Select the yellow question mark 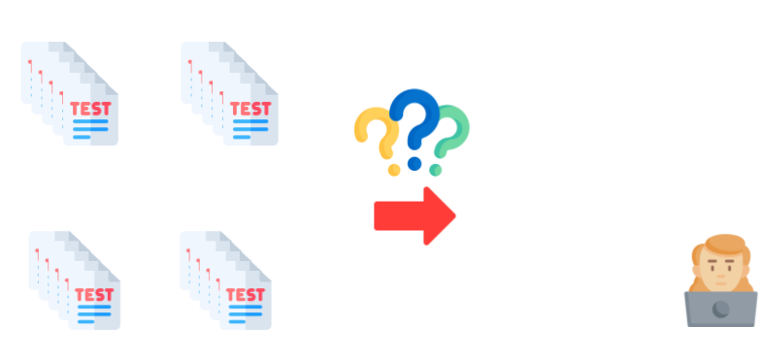coord(379,137)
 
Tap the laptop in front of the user coord(720,309)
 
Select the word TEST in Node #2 coord(250,108)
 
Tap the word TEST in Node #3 coord(93,294)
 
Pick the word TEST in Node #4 coord(246,294)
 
